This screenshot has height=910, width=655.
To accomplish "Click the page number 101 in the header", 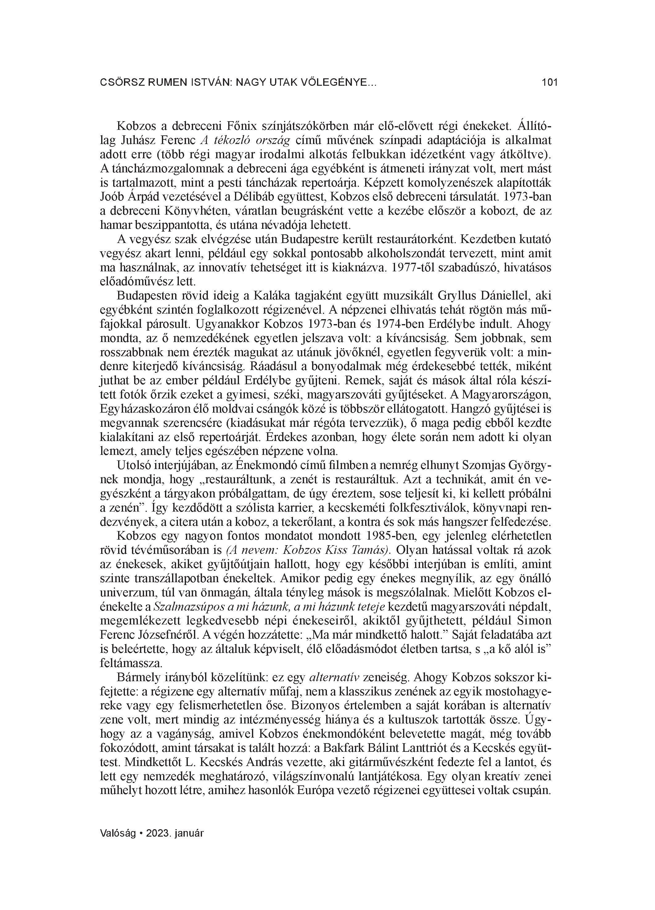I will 550,83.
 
